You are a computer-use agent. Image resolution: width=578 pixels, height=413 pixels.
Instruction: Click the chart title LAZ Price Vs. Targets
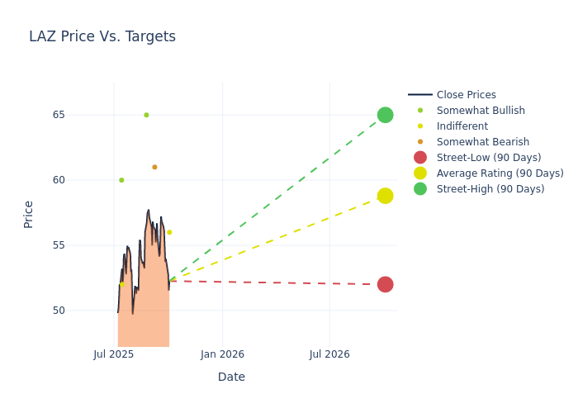coord(102,36)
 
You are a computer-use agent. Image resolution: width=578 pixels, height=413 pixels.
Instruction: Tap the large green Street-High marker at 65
coord(385,115)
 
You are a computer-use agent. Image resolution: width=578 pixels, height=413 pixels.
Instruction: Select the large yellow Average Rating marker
coord(385,196)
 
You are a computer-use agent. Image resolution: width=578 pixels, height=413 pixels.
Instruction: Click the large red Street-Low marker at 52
coord(385,284)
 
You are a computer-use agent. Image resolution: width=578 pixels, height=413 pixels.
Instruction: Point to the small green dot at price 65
coord(146,115)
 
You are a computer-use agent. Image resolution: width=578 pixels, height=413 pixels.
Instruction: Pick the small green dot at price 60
coord(121,180)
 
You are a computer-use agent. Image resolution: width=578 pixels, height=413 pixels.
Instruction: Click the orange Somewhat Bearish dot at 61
coord(154,167)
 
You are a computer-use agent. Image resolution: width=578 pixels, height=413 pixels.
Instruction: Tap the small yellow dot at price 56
coord(169,232)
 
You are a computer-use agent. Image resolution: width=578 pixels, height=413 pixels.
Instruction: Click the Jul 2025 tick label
coord(114,354)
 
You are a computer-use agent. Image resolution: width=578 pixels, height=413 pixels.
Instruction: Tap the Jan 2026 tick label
coord(222,354)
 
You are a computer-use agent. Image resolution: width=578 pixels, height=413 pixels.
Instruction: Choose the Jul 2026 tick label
coord(329,354)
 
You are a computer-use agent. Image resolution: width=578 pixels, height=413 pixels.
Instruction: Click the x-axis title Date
coord(231,377)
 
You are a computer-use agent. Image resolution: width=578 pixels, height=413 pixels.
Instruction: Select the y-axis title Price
coord(29,214)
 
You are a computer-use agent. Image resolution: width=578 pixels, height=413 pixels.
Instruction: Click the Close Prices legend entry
coord(466,95)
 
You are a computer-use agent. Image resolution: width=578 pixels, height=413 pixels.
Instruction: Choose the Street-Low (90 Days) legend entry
coord(488,158)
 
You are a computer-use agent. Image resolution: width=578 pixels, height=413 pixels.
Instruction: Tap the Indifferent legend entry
coord(462,126)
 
